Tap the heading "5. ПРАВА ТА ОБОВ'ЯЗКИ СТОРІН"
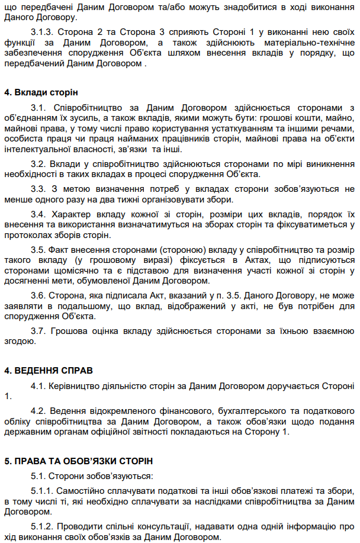[x=79, y=460]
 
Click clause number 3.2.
[x=38, y=163]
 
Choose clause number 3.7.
[x=38, y=331]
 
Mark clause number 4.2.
[x=38, y=410]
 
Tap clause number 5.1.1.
[x=43, y=491]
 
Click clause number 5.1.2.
[x=43, y=526]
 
